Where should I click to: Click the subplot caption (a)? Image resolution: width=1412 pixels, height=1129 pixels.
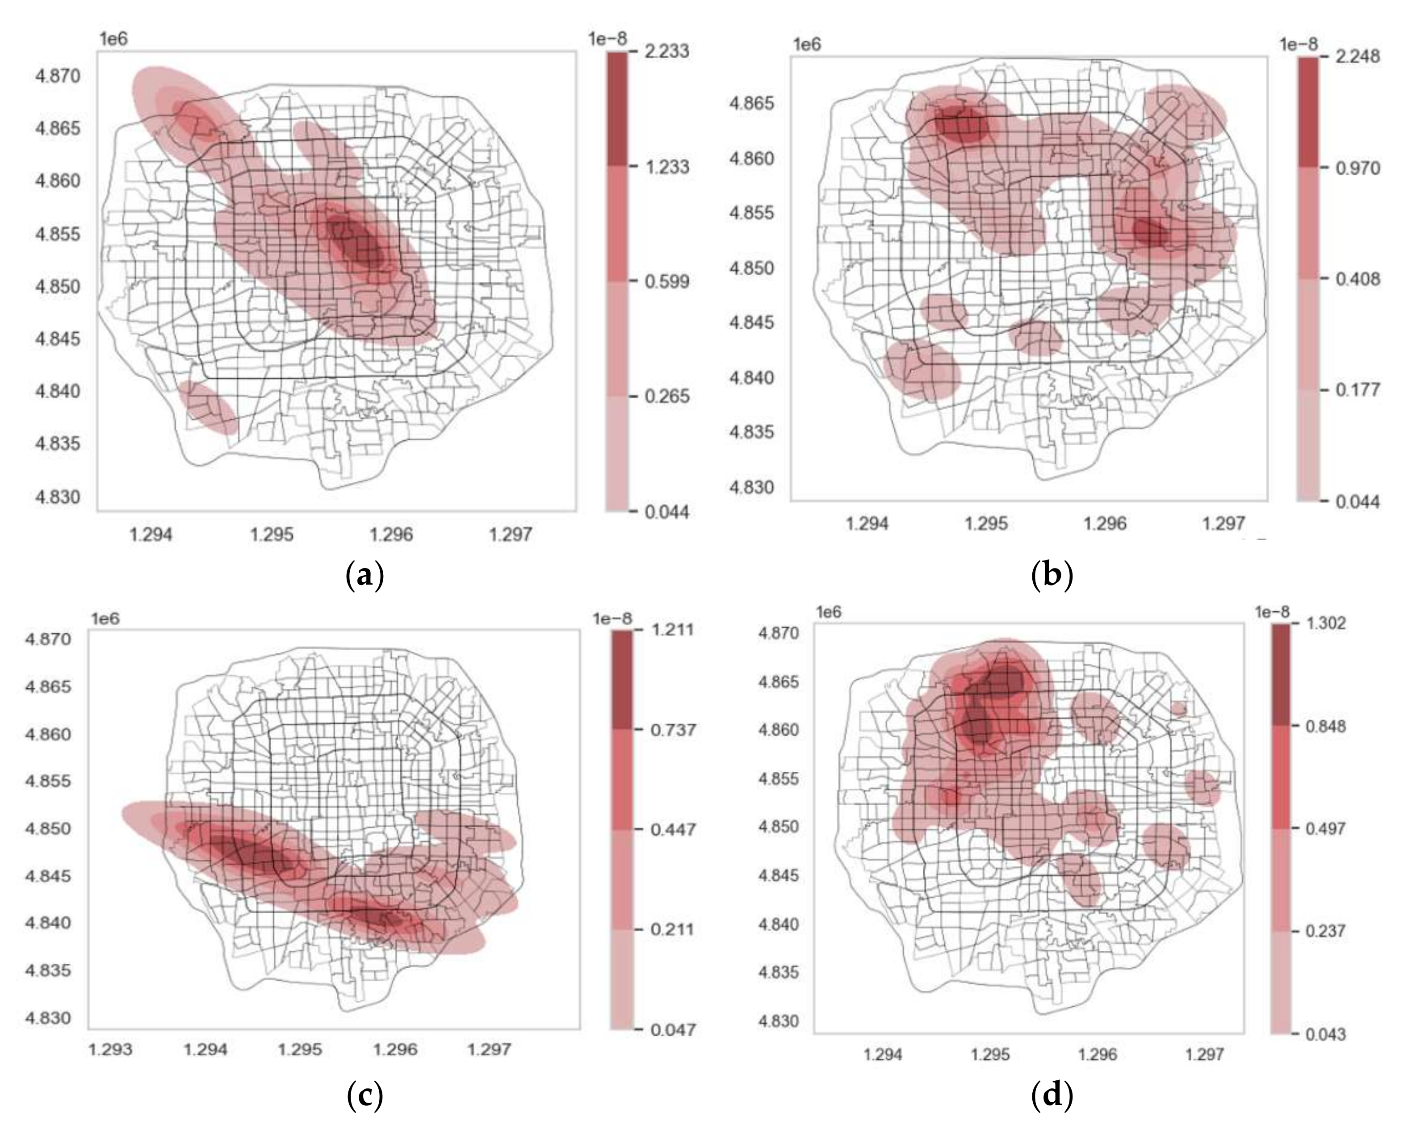pyautogui.click(x=364, y=576)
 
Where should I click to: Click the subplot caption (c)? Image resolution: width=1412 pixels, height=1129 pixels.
pyautogui.click(x=364, y=1095)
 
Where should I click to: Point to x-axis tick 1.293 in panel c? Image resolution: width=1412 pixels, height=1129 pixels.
pyautogui.click(x=111, y=1050)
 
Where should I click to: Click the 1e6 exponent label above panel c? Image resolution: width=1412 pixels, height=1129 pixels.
pyautogui.click(x=105, y=619)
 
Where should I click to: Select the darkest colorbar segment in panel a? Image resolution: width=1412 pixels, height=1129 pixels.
pyautogui.click(x=616, y=108)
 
